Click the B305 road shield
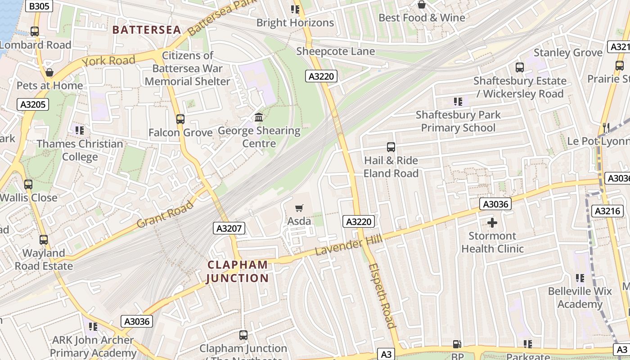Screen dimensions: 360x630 (39, 6)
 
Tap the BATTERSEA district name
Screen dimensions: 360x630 (147, 30)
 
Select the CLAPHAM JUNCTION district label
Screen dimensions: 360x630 (238, 271)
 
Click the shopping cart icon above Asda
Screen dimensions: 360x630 (299, 208)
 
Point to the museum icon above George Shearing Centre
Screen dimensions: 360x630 (259, 117)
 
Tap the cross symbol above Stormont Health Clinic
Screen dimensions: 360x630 (492, 223)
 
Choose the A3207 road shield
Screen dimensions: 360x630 (229, 228)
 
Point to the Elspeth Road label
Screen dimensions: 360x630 (382, 296)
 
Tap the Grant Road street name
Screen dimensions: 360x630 (165, 214)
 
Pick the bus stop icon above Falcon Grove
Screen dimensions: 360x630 (180, 119)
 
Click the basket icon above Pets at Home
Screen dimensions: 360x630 (49, 72)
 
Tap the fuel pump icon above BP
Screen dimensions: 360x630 (457, 344)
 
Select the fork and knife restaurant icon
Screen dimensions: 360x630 (606, 128)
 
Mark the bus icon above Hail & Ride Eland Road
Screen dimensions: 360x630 (391, 147)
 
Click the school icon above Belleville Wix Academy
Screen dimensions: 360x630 (580, 278)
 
